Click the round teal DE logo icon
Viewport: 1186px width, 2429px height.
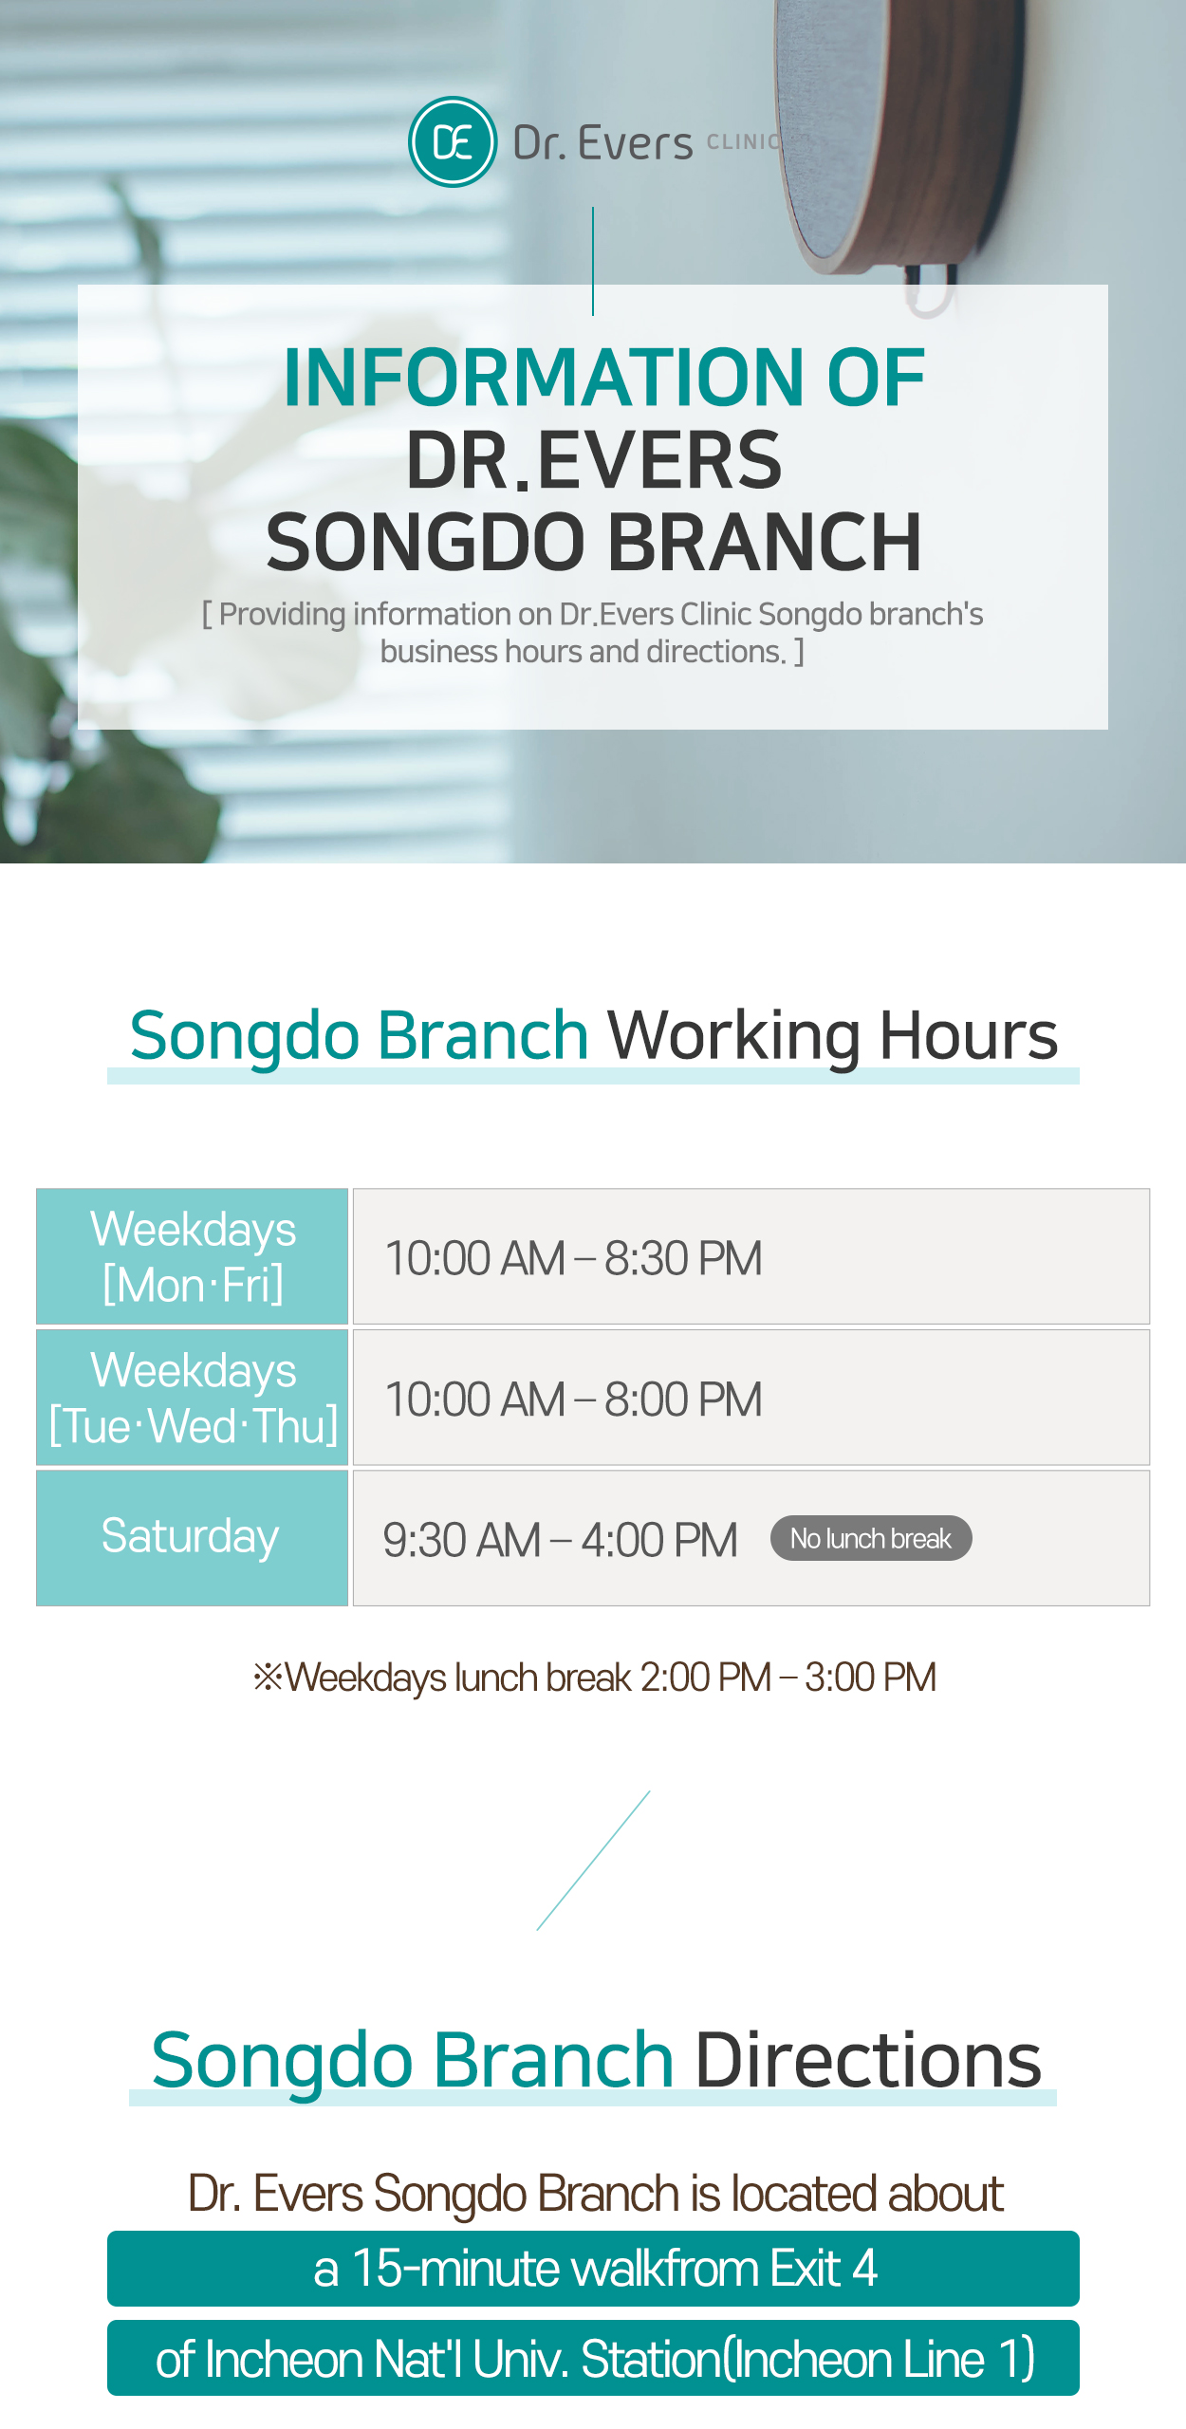[x=453, y=142]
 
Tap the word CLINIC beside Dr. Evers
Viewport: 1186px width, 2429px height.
[x=744, y=142]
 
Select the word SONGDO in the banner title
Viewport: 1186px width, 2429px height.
[x=426, y=542]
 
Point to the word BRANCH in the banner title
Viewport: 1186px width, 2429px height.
[x=765, y=542]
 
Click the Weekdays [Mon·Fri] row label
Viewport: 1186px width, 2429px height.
[x=193, y=1256]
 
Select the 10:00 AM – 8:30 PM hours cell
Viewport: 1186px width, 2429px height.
[x=751, y=1256]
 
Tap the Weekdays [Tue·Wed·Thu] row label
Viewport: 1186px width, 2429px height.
[x=193, y=1397]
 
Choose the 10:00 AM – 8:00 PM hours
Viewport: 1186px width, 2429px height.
[x=573, y=1400]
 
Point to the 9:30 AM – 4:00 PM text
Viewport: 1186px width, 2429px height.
[x=560, y=1540]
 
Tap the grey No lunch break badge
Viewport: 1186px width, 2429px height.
[x=871, y=1538]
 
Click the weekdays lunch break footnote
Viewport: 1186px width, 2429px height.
[x=595, y=1678]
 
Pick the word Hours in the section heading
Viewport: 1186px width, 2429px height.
[x=968, y=1034]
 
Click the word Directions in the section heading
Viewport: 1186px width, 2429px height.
[x=868, y=2060]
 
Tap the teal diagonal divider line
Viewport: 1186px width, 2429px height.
[x=593, y=1860]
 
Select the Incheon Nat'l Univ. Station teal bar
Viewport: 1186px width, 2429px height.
[x=593, y=2358]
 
